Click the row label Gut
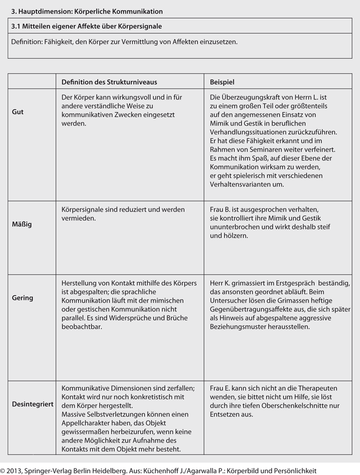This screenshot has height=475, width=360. click(17, 112)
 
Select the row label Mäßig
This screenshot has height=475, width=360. click(22, 224)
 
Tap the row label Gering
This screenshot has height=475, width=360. click(22, 298)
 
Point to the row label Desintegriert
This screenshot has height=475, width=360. click(32, 405)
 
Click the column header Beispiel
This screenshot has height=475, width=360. click(222, 82)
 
